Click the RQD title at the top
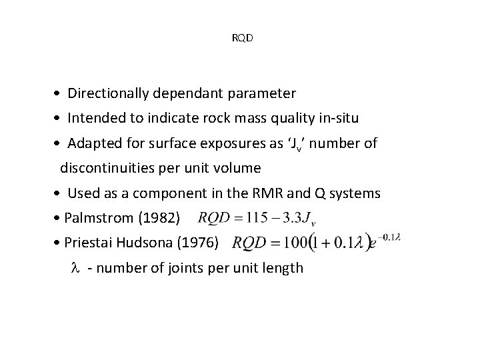point(242,37)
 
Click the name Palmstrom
point(99,219)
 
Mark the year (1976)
point(198,243)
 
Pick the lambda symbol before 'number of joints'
point(74,268)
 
